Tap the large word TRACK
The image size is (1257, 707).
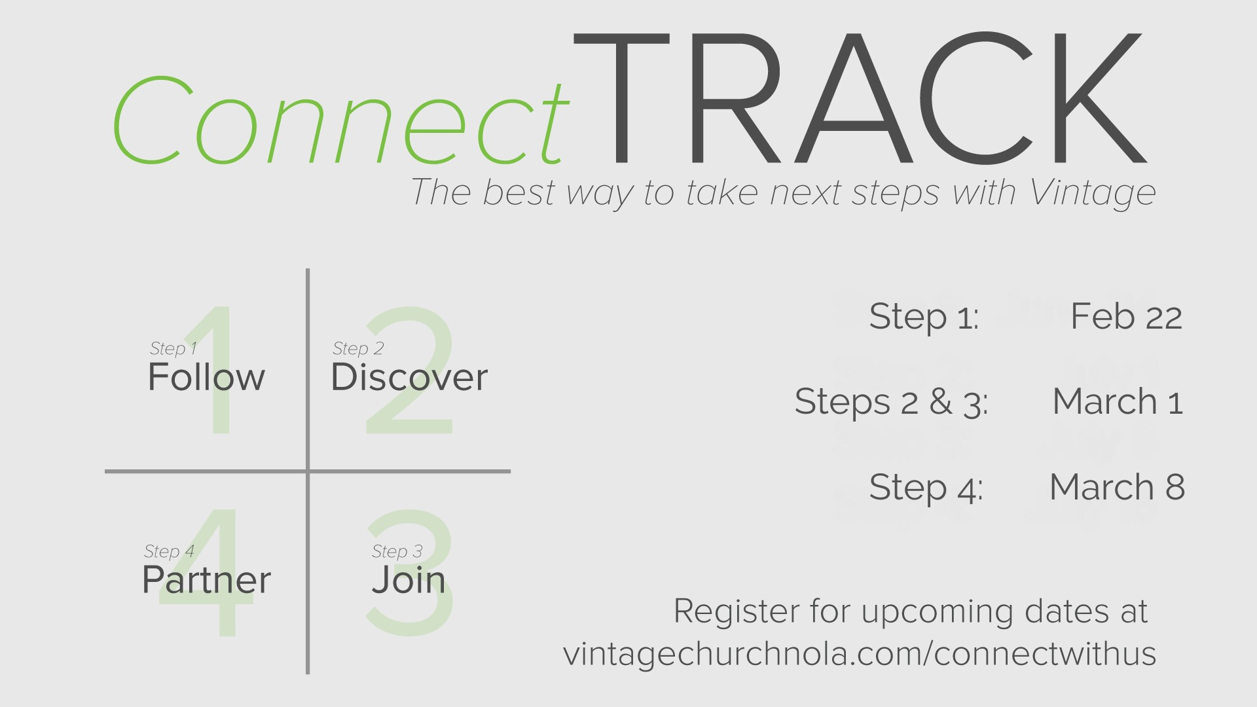(x=860, y=98)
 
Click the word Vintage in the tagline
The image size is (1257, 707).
(x=1092, y=192)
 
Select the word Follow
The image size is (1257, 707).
(x=206, y=377)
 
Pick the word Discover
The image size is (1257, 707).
(x=409, y=377)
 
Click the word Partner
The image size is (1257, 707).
(x=206, y=580)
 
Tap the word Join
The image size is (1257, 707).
(x=409, y=580)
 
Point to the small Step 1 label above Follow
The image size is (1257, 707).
(x=173, y=349)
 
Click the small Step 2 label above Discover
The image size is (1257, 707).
(x=358, y=349)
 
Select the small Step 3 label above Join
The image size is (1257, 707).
(x=397, y=552)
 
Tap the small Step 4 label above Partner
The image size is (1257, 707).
(x=169, y=552)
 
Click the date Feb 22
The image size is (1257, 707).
(x=1126, y=317)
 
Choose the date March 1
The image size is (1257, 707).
(x=1118, y=401)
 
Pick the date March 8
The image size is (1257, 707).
(x=1117, y=487)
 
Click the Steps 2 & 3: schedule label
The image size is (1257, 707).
(x=891, y=402)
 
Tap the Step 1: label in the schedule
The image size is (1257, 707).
(x=924, y=317)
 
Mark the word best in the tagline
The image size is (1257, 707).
(x=519, y=192)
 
